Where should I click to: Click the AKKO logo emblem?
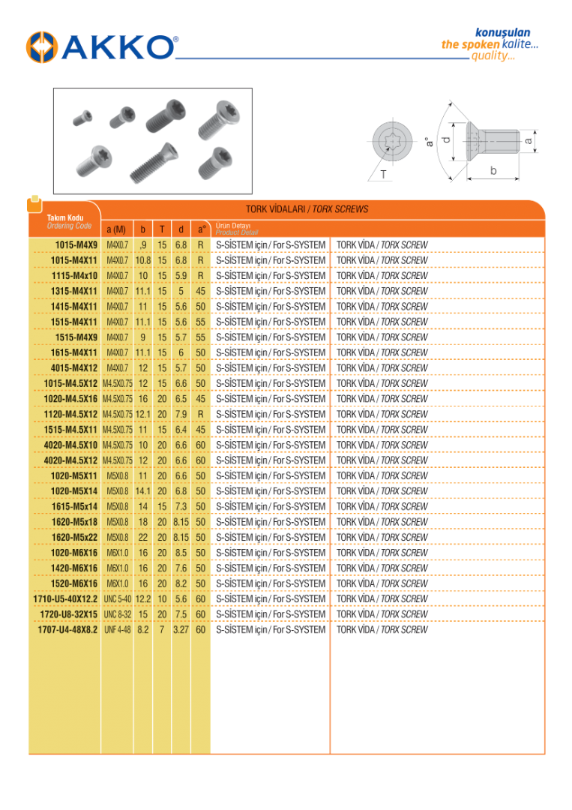(42, 46)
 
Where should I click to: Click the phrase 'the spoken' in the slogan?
(470, 44)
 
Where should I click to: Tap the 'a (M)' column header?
(116, 229)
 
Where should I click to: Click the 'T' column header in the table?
(161, 229)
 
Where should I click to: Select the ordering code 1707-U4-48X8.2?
(67, 630)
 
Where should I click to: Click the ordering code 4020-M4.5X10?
(70, 445)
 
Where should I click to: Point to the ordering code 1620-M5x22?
(74, 538)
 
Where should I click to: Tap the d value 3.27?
(181, 630)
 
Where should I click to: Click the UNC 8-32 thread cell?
(117, 614)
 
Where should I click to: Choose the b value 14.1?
(143, 491)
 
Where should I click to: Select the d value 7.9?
(181, 414)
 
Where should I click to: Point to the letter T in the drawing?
(384, 174)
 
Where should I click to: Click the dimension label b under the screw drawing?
(493, 171)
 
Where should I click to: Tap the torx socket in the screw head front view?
(393, 139)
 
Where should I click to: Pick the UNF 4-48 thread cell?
(117, 630)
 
